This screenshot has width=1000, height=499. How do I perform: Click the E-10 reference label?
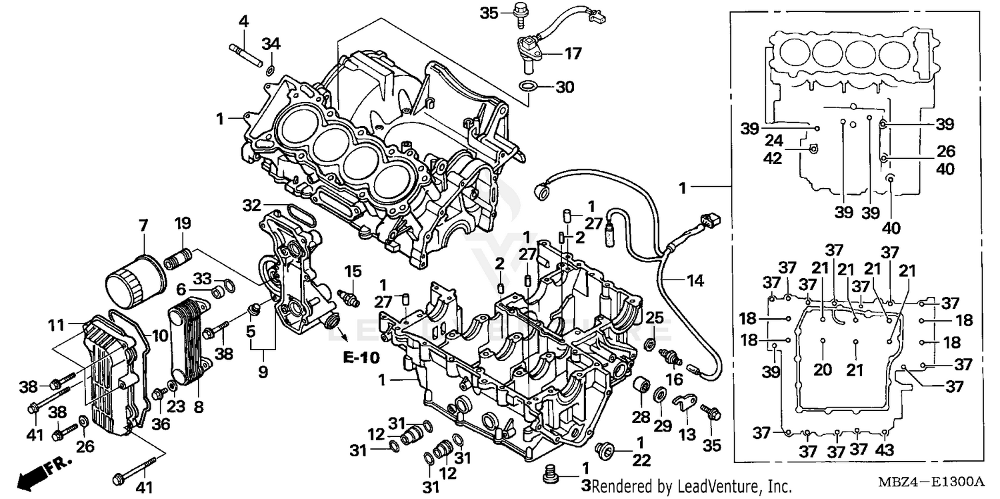pyautogui.click(x=361, y=358)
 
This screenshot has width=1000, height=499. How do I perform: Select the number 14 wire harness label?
pyautogui.click(x=695, y=281)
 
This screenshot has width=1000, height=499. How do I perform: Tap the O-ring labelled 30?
pyautogui.click(x=528, y=86)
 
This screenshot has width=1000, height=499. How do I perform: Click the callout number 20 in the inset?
pyautogui.click(x=823, y=369)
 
